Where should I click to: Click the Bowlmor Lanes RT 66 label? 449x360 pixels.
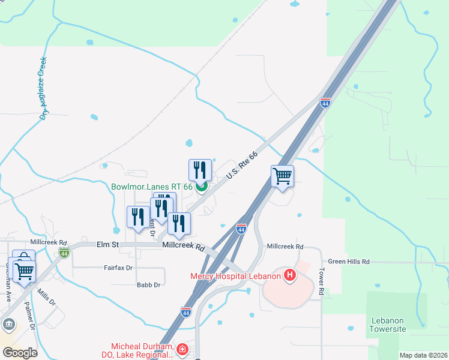pyautogui.click(x=152, y=187)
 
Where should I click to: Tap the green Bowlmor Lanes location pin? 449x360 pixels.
pyautogui.click(x=202, y=187)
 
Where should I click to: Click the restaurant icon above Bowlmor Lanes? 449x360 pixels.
pyautogui.click(x=200, y=170)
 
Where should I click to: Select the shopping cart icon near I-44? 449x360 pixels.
pyautogui.click(x=282, y=176)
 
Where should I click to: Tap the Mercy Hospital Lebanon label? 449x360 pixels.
pyautogui.click(x=235, y=276)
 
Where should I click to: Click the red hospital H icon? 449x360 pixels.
pyautogui.click(x=290, y=276)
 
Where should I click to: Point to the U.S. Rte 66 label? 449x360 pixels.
pyautogui.click(x=243, y=165)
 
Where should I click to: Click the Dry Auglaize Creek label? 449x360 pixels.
pyautogui.click(x=43, y=88)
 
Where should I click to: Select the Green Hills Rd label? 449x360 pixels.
pyautogui.click(x=349, y=262)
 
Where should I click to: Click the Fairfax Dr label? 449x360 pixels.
pyautogui.click(x=118, y=268)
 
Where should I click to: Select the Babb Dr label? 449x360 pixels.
pyautogui.click(x=148, y=285)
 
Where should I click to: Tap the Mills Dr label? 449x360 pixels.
pyautogui.click(x=46, y=296)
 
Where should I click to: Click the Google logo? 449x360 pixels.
pyautogui.click(x=19, y=353)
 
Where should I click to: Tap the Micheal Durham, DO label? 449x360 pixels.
pyautogui.click(x=142, y=350)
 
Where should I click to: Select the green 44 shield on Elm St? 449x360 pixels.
pyautogui.click(x=64, y=252)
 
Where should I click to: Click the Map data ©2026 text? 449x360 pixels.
pyautogui.click(x=423, y=355)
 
